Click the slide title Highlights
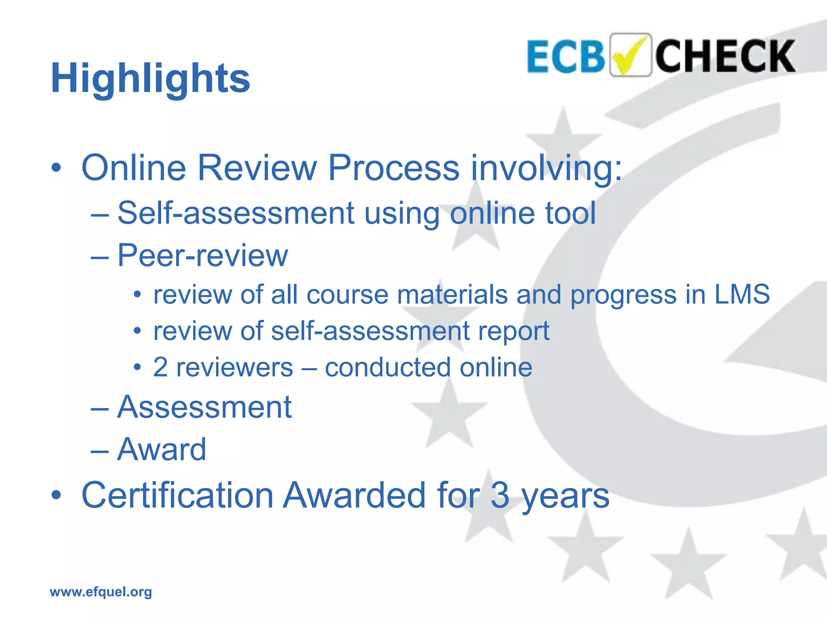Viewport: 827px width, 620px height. (x=150, y=79)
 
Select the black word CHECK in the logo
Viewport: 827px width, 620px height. (x=725, y=56)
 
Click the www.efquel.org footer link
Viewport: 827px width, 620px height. (x=101, y=592)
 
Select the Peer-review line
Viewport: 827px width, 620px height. (x=202, y=255)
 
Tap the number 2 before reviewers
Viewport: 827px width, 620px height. (x=160, y=367)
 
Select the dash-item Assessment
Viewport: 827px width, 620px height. (x=204, y=407)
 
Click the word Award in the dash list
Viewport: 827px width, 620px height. (x=162, y=449)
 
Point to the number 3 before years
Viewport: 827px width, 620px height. (x=500, y=495)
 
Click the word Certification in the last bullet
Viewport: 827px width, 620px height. (x=178, y=495)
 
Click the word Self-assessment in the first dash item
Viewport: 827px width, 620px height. (x=236, y=213)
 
